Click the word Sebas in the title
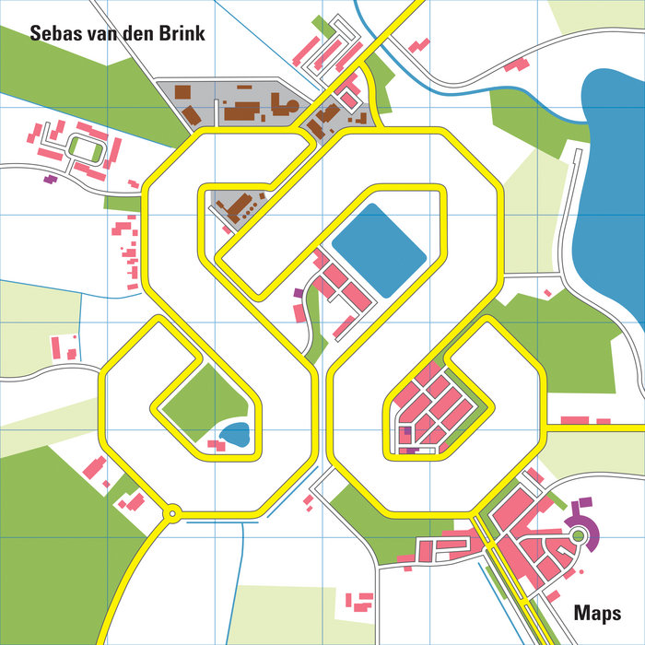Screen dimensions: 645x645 click(53, 34)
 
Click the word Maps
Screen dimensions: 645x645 click(597, 613)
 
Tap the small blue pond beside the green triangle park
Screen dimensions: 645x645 click(236, 434)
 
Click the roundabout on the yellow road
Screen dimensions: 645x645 click(171, 513)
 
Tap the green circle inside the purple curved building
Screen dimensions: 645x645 click(578, 534)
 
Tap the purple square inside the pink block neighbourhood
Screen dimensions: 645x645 click(405, 431)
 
